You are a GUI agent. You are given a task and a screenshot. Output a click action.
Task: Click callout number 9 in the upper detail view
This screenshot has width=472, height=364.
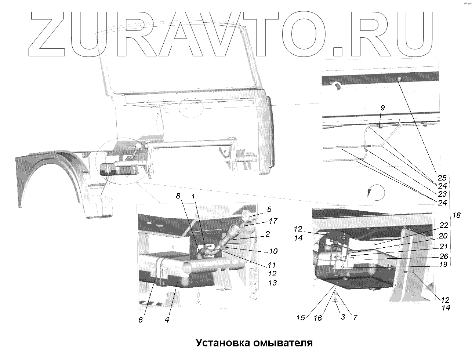tap(383, 108)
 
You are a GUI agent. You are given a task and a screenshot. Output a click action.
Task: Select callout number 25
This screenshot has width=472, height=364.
tap(442, 177)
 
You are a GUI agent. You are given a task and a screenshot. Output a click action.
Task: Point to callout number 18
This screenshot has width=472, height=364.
tap(456, 215)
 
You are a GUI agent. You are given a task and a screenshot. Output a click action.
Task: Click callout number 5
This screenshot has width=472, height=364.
tap(269, 210)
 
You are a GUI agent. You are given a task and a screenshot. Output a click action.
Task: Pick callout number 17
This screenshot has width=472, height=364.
tap(273, 221)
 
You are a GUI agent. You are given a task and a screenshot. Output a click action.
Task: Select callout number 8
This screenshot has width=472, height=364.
tap(178, 196)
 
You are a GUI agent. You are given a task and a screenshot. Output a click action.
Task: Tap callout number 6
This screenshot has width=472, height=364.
tap(141, 320)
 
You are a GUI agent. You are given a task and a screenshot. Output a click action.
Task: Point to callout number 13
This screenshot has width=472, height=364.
tap(272, 283)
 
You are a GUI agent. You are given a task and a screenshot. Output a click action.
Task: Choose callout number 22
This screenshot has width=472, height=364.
tap(444, 225)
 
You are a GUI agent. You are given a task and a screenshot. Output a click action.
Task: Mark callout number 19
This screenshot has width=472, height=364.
tap(443, 264)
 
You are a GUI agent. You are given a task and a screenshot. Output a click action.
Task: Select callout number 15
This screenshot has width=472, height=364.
tap(301, 318)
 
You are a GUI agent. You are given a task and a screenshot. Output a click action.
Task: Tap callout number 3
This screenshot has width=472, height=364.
tap(343, 317)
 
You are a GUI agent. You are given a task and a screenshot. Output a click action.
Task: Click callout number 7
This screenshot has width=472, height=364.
tap(355, 317)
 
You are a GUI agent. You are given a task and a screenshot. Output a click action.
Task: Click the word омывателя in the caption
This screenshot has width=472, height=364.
tap(283, 343)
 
